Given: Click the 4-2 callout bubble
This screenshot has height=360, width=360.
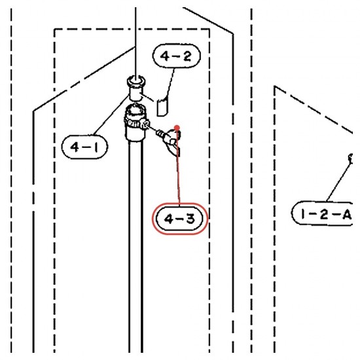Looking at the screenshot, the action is click(176, 56).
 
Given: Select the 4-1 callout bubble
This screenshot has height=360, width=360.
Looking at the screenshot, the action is click(84, 147).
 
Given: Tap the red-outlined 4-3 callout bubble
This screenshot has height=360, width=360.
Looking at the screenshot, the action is click(180, 219).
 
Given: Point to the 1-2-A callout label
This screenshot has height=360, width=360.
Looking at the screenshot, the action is click(322, 213).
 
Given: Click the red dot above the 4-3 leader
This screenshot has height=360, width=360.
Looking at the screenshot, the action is click(177, 128).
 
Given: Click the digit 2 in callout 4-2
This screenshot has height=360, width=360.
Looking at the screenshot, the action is click(187, 56).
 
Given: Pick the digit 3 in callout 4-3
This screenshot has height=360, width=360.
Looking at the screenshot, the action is click(190, 219).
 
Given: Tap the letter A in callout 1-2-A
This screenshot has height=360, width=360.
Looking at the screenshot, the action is click(347, 215).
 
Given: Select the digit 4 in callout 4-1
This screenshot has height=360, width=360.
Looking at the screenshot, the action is click(75, 147).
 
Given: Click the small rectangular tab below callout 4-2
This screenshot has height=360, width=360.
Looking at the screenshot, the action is click(162, 107).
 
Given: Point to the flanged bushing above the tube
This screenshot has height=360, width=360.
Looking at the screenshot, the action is click(135, 88).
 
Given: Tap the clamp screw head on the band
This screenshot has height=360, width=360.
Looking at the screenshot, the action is click(145, 124).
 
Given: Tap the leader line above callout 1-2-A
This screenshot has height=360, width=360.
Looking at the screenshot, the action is click(338, 181).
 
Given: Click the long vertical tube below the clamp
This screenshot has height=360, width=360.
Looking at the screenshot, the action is click(135, 245).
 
